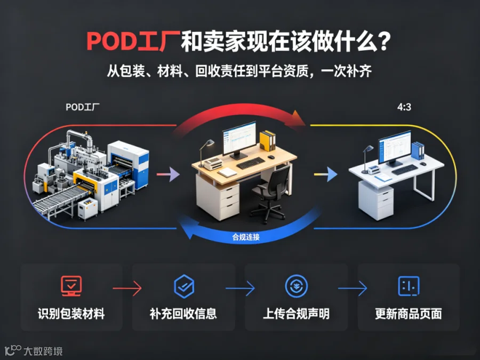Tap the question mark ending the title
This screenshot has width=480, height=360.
point(385,41)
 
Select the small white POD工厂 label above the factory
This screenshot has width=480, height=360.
point(83,107)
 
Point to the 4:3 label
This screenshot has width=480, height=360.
point(404,107)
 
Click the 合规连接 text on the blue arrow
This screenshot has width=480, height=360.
point(246,237)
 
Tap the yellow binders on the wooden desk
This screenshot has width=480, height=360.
point(268,141)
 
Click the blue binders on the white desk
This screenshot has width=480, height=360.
point(418,150)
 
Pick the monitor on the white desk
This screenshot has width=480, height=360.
point(395,148)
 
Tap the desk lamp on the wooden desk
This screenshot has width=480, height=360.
point(206,153)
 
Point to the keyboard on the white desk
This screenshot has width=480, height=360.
point(404,169)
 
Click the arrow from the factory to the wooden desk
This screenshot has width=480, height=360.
point(168,174)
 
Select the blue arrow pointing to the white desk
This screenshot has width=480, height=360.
point(326,174)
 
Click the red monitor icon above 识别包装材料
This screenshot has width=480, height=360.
point(71,286)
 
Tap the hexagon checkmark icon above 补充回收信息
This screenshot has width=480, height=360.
point(184,286)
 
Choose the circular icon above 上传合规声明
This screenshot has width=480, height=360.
point(297,286)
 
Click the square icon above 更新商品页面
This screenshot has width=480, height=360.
point(409,286)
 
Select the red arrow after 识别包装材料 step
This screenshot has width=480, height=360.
point(127,288)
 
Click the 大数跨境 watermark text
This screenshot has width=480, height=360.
point(43,351)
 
